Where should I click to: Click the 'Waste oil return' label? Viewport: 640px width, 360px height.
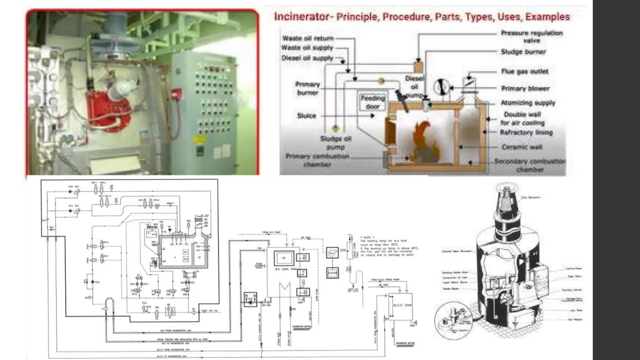[308, 38]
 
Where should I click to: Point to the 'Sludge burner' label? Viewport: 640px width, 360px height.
[523, 52]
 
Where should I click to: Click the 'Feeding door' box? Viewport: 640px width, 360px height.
[372, 102]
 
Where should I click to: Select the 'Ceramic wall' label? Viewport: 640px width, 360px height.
[522, 147]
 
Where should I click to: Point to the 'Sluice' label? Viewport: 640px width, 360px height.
[306, 116]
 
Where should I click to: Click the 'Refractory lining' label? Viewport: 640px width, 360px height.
[526, 132]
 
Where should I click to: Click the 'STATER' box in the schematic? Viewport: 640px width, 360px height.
[332, 273]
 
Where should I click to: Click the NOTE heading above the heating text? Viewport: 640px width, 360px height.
[367, 237]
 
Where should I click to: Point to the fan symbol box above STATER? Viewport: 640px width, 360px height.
[332, 253]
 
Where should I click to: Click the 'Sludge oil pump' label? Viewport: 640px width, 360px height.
[335, 142]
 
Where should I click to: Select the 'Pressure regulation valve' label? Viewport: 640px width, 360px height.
[532, 37]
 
